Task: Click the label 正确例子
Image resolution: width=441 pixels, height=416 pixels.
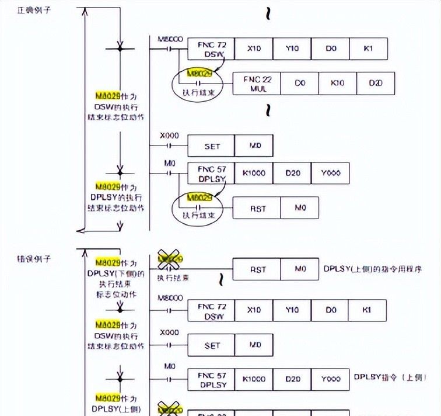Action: tap(31, 11)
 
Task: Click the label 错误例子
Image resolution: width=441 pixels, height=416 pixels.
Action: tap(31, 258)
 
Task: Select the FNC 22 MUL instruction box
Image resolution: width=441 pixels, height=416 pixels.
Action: tap(256, 84)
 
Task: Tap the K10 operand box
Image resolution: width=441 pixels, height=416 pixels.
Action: tap(337, 84)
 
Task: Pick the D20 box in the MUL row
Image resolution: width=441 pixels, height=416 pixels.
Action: tap(376, 84)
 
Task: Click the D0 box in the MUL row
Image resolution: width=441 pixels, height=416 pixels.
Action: tap(300, 84)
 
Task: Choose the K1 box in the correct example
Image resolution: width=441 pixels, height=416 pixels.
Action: tap(367, 48)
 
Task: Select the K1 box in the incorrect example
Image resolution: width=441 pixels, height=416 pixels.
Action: tap(367, 309)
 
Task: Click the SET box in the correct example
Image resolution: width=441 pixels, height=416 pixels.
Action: tap(212, 146)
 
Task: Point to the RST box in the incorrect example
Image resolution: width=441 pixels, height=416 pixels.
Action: tap(258, 269)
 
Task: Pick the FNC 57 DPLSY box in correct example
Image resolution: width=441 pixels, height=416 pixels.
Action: tap(211, 174)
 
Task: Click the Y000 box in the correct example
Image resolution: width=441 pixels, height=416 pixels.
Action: tap(330, 174)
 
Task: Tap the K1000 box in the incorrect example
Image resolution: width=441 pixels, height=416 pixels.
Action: tap(254, 379)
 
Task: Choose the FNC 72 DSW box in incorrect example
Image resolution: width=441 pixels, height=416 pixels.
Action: tap(211, 309)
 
